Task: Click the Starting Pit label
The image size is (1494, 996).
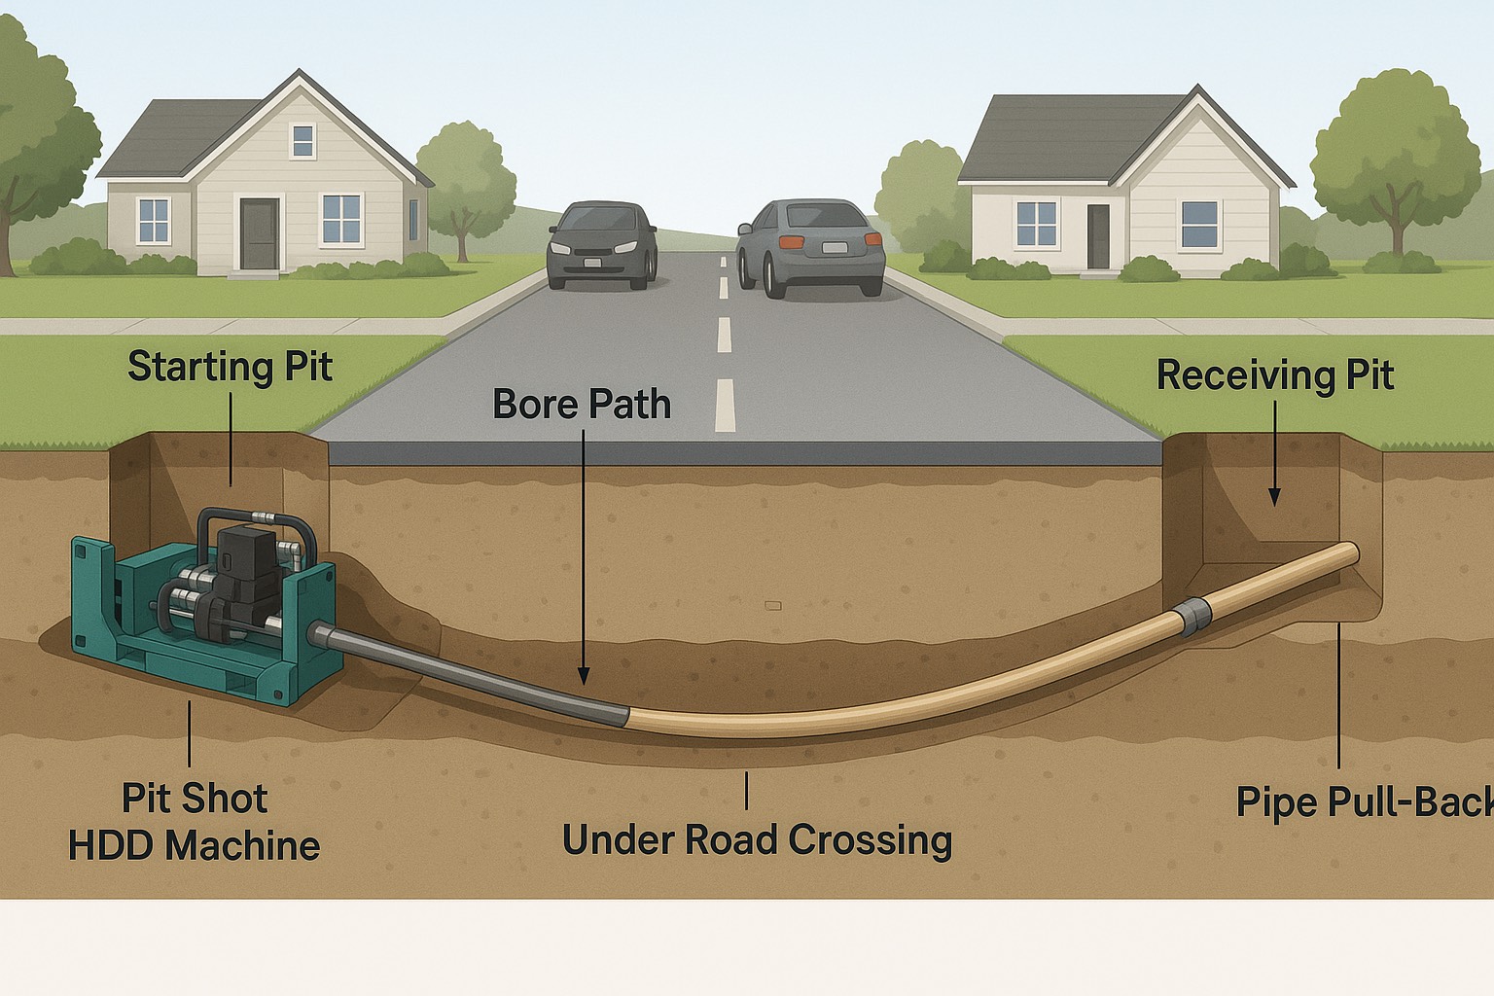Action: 230,368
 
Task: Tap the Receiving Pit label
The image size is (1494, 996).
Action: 1274,375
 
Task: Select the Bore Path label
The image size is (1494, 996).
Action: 582,405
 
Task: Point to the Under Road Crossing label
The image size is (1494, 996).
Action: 757,840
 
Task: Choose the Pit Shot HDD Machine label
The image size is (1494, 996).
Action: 195,822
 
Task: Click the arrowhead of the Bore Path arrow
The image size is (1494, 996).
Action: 584,676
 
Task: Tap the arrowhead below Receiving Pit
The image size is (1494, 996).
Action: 1274,497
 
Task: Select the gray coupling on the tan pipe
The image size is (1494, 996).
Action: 1194,617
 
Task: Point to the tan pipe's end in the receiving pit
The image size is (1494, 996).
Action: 1349,553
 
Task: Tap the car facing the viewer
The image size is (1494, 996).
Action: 599,246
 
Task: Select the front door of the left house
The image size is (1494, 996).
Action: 260,233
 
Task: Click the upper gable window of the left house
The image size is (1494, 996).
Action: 303,141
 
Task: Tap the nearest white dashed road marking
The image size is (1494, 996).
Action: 725,405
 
